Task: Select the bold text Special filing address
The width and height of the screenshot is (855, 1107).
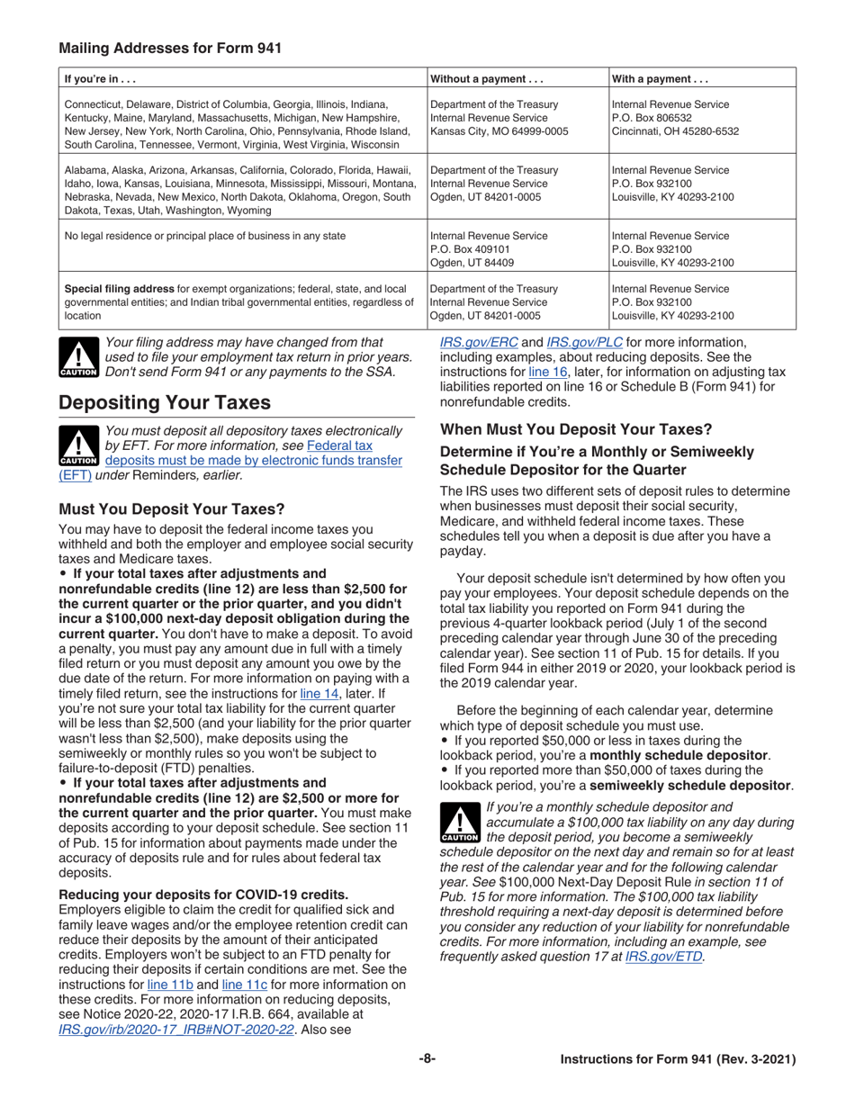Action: pyautogui.click(x=125, y=289)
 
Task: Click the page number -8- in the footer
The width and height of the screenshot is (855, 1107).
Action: pyautogui.click(x=427, y=1060)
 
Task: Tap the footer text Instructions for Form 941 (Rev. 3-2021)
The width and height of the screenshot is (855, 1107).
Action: pyautogui.click(x=678, y=1060)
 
